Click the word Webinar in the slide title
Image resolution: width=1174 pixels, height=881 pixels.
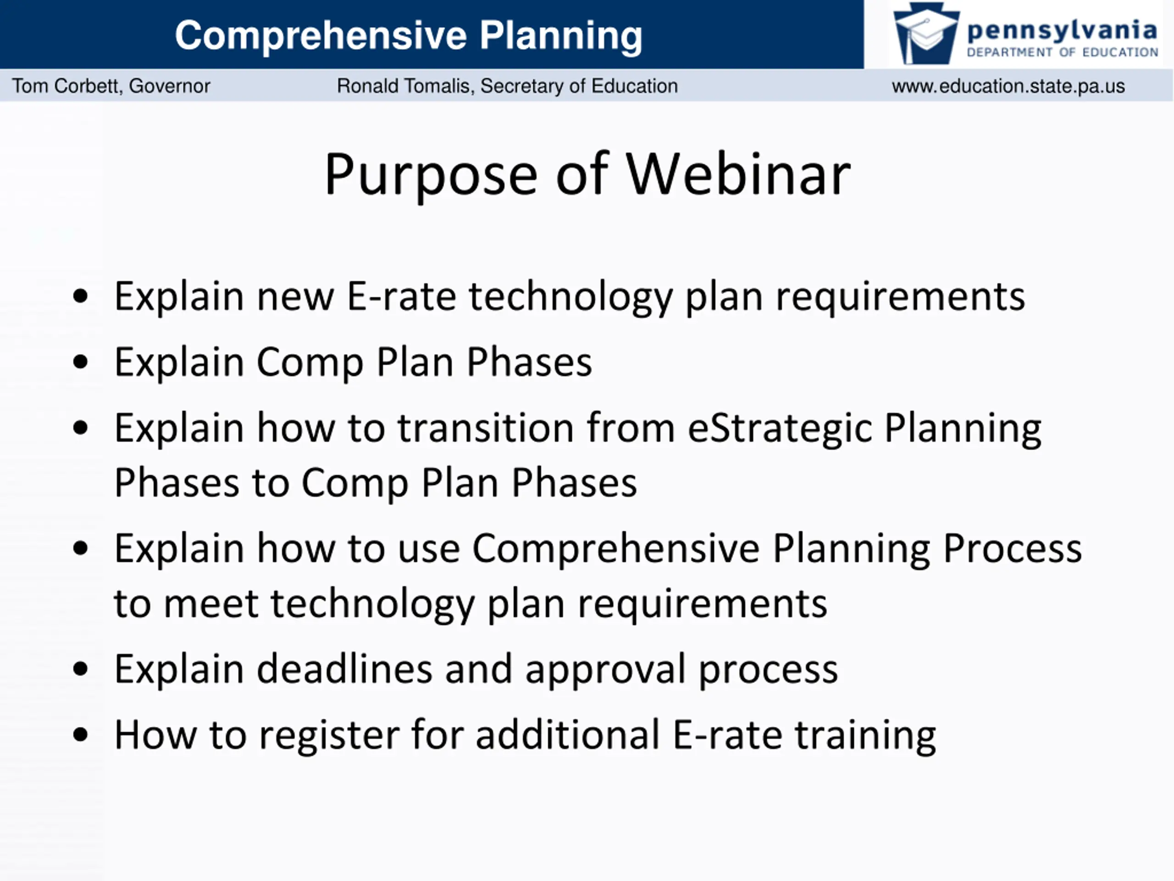pyautogui.click(x=738, y=175)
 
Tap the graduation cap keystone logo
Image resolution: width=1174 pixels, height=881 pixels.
pyautogui.click(x=926, y=33)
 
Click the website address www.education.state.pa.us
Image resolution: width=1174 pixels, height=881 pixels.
pyautogui.click(x=1008, y=86)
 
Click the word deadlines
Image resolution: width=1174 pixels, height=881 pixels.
pyautogui.click(x=345, y=669)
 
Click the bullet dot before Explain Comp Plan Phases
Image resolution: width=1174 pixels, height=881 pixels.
pyautogui.click(x=81, y=362)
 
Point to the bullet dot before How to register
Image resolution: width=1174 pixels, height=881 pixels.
pyautogui.click(x=81, y=736)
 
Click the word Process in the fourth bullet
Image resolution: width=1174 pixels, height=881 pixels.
pyautogui.click(x=1013, y=549)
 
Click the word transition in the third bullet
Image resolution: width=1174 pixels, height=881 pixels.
pyautogui.click(x=486, y=428)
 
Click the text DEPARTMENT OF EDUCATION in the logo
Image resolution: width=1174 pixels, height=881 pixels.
pyautogui.click(x=1063, y=52)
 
